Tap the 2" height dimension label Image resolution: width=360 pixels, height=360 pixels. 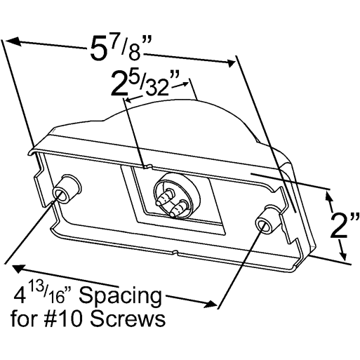click(345, 226)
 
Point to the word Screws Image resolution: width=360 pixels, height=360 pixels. click(128, 319)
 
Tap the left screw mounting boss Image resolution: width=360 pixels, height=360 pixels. click(66, 190)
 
